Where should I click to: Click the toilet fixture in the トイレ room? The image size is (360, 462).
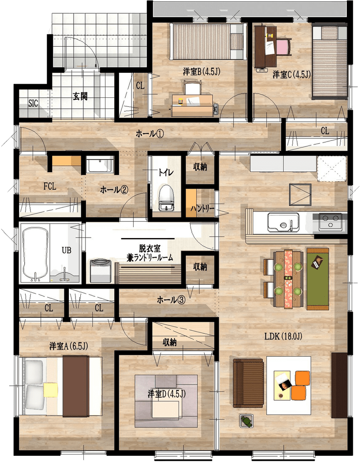166,197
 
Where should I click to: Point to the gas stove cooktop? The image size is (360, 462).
330,222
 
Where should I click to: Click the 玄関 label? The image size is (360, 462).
80,97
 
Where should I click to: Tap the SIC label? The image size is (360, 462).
34,104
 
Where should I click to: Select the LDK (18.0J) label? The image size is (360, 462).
283,336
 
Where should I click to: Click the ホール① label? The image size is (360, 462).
150,134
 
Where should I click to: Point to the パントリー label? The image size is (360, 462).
202,209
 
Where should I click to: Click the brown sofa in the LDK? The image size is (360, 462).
248,383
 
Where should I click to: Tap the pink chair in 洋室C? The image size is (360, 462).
284,47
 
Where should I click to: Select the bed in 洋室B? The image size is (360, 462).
208,41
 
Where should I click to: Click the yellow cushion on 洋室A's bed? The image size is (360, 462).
51,390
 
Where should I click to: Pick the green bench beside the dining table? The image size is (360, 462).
318,279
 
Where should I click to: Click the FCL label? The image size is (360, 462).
49,186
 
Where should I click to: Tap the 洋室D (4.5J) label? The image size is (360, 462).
167,394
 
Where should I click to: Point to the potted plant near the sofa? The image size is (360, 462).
247,421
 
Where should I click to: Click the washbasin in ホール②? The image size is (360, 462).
100,165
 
